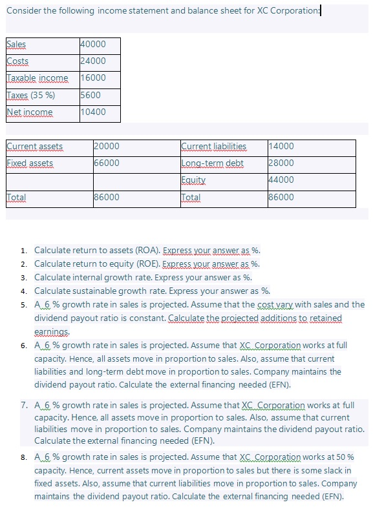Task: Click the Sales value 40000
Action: click(93, 45)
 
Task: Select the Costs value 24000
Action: click(93, 61)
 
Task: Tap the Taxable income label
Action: click(37, 78)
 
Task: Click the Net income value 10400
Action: click(93, 112)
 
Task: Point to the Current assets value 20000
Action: click(107, 147)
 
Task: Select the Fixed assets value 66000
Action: click(107, 163)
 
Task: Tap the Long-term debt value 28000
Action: click(281, 163)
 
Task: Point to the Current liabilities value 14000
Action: click(281, 147)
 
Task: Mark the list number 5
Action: click(23, 305)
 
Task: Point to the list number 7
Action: click(23, 406)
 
